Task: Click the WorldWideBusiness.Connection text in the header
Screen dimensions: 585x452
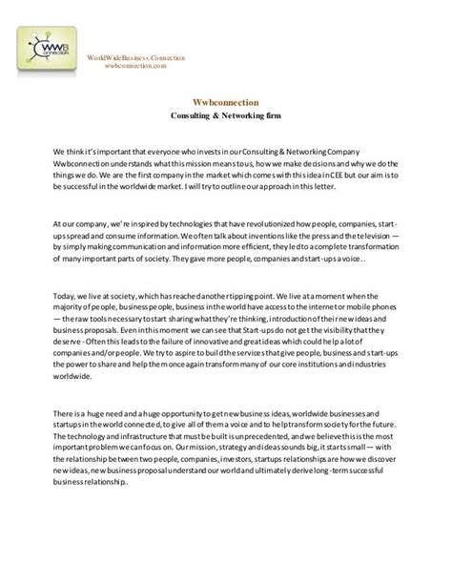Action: click(135, 58)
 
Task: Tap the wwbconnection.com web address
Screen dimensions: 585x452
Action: click(135, 67)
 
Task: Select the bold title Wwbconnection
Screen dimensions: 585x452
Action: click(225, 100)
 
